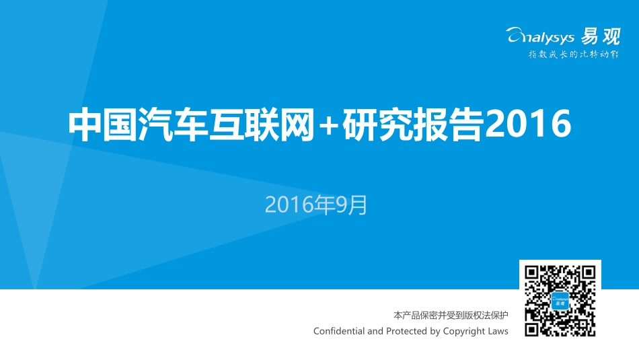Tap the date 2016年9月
pyautogui.click(x=317, y=205)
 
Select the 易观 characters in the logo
pyautogui.click(x=601, y=36)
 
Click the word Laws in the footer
pyautogui.click(x=499, y=331)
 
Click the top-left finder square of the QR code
pyautogui.click(x=531, y=273)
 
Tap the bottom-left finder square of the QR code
pyautogui.click(x=531, y=329)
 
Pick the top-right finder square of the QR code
pyautogui.click(x=589, y=273)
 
